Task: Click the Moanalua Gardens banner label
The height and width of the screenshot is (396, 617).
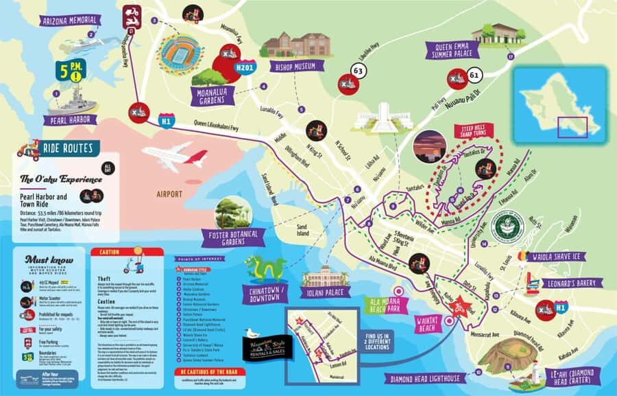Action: (x=219, y=96)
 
